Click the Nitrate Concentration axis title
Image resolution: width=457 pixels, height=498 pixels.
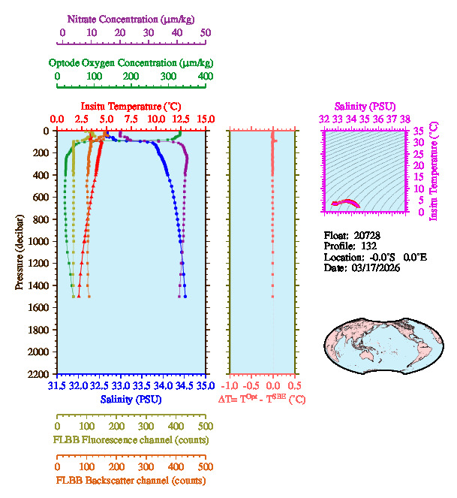tap(131, 17)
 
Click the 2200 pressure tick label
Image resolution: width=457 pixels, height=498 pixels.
tap(40, 374)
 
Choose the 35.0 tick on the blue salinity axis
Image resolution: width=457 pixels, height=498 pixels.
tap(205, 386)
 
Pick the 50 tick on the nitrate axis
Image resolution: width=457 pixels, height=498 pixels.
tap(206, 33)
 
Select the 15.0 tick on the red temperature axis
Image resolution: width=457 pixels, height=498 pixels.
tap(206, 119)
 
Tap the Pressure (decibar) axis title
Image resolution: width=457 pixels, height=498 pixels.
tap(20, 252)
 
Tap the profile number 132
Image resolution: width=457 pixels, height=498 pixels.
tap(368, 246)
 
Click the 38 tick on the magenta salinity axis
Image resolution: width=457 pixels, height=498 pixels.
tap(405, 119)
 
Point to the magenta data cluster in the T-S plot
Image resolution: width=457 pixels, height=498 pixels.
tap(347, 202)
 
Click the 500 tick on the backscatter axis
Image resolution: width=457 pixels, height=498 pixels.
tap(206, 466)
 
